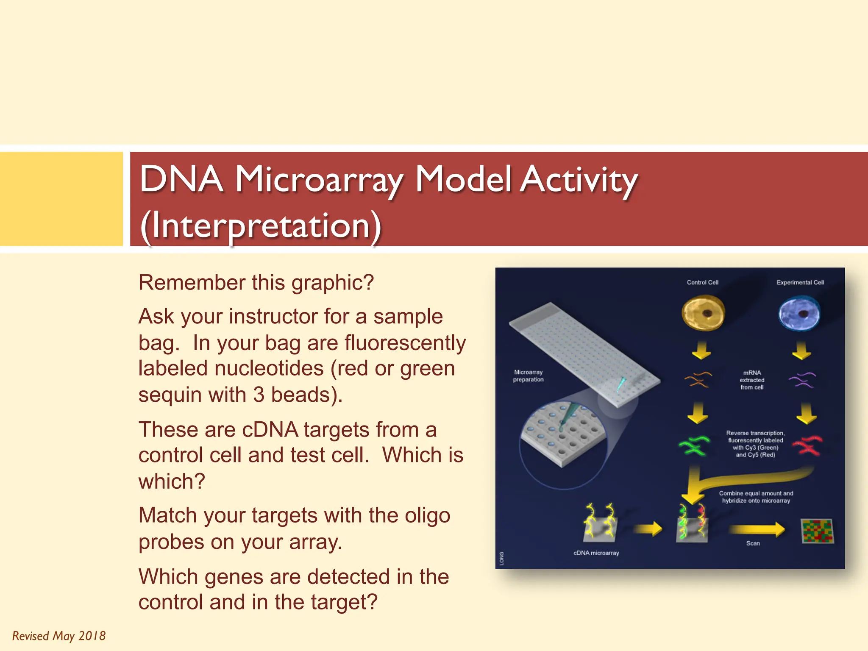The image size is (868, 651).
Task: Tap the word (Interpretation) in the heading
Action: click(x=261, y=226)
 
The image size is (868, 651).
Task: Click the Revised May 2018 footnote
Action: click(x=59, y=636)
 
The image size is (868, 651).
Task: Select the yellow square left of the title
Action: click(x=61, y=199)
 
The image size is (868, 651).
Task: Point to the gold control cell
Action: click(x=703, y=313)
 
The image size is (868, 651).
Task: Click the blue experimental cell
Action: click(x=799, y=314)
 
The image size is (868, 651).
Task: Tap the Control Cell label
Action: click(x=702, y=282)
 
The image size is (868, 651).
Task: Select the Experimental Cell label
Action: click(x=800, y=282)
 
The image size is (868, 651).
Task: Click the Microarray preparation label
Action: click(x=528, y=376)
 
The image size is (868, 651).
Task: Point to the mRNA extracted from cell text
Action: click(x=752, y=380)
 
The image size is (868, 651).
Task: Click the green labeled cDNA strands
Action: click(x=694, y=445)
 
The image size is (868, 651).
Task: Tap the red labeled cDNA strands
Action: click(x=807, y=445)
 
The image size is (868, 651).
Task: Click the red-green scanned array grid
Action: click(x=817, y=531)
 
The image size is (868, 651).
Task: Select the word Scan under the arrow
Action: click(x=753, y=543)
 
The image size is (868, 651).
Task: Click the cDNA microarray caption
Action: click(x=596, y=553)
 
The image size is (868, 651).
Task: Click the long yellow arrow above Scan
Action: click(x=757, y=529)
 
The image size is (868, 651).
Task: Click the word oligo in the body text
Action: click(x=427, y=516)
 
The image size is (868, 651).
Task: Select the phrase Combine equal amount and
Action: click(x=756, y=493)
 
